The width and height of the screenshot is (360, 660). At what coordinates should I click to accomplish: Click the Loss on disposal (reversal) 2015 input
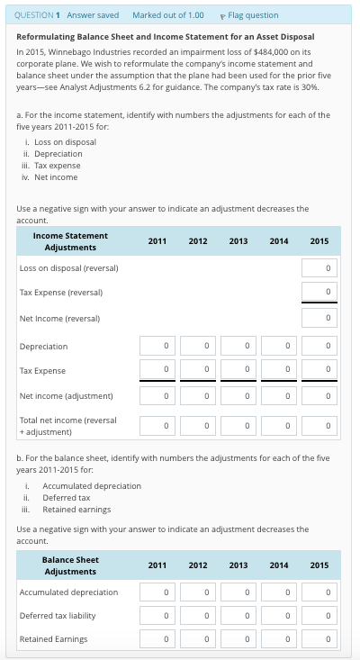coord(319,268)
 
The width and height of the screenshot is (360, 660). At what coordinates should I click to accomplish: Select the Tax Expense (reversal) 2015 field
coord(319,293)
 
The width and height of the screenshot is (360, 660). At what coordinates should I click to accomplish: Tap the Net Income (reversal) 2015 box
coord(319,318)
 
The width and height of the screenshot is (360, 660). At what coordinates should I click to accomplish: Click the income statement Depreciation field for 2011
coord(157,346)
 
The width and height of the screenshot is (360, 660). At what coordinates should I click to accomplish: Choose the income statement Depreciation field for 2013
coord(238,346)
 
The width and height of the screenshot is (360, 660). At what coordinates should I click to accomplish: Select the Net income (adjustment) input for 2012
coord(198,396)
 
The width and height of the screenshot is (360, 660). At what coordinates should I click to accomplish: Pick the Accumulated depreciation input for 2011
coord(157,592)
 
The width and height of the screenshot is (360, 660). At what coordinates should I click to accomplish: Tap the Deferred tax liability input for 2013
coord(238,616)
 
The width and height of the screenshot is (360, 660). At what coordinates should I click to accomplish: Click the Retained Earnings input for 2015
coord(319,639)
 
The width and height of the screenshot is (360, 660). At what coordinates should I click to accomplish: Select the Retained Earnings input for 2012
coord(198,639)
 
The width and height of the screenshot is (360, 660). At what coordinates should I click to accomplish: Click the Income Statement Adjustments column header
coord(70,241)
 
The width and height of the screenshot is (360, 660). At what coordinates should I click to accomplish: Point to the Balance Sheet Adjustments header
coord(70,565)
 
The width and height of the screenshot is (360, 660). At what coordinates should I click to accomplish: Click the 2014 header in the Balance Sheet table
coord(279,565)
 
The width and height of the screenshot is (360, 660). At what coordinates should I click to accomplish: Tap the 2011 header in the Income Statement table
coord(157,241)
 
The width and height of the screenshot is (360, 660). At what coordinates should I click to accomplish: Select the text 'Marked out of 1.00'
coord(167,15)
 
